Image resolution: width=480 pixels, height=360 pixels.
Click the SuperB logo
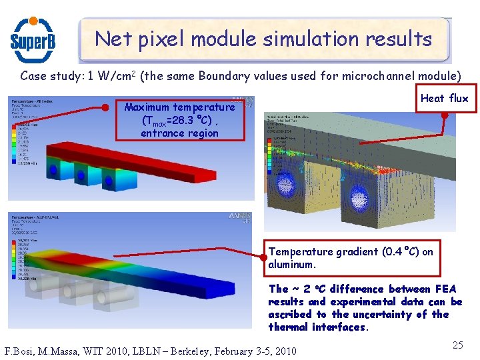click(x=33, y=39)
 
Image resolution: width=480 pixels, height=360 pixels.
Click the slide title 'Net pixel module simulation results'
click(x=263, y=39)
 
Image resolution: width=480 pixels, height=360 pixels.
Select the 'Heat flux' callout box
click(x=444, y=98)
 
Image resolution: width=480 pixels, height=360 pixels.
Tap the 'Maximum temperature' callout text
click(x=179, y=107)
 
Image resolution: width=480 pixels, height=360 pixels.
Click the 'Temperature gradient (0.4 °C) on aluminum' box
click(x=351, y=258)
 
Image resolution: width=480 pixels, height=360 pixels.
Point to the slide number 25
click(x=457, y=345)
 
